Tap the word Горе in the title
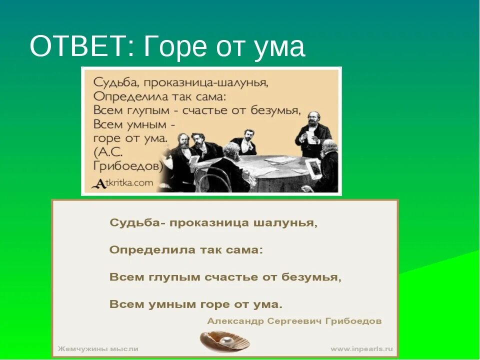click(175, 47)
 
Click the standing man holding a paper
click(313, 125)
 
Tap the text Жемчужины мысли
click(98, 348)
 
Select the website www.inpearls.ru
click(361, 348)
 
